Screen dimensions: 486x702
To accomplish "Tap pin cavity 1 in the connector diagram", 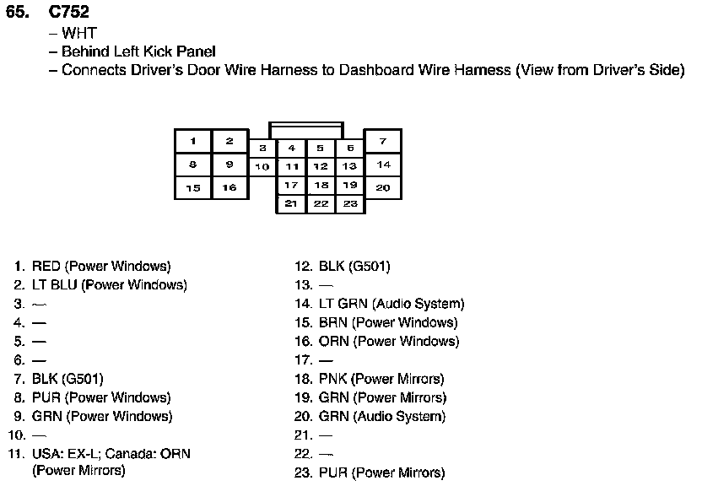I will pos(193,141).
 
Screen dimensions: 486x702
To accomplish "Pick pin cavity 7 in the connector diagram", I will pos(382,141).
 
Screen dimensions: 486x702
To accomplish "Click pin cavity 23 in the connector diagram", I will pos(350,203).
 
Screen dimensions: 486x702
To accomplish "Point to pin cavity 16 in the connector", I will pos(229,187).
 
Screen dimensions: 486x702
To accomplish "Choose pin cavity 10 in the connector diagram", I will pos(262,166).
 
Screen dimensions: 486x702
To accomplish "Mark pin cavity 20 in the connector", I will pos(382,187).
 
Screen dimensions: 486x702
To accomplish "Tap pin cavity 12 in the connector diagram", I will pos(321,166).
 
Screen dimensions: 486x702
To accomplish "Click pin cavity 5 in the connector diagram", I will pos(321,148).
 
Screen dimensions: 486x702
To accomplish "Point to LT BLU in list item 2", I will pos(55,285).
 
